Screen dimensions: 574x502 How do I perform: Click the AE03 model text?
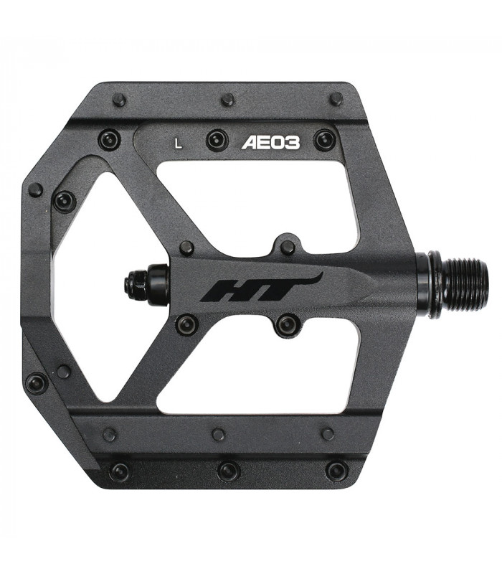pos(270,141)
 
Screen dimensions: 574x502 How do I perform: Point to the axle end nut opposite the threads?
pos(139,281)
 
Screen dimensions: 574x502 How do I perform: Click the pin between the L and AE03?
pos(217,139)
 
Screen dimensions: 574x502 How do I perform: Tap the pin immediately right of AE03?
pos(323,139)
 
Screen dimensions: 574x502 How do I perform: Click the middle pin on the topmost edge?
pos(228,100)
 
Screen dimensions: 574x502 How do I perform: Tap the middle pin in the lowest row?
pos(228,471)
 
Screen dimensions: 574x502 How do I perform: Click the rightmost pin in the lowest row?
pos(336,471)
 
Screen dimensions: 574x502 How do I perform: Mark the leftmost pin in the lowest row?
pos(120,471)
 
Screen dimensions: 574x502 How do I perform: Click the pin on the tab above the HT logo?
pos(288,248)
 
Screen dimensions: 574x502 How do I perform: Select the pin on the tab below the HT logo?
pos(288,324)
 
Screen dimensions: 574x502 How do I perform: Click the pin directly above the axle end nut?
pos(186,248)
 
